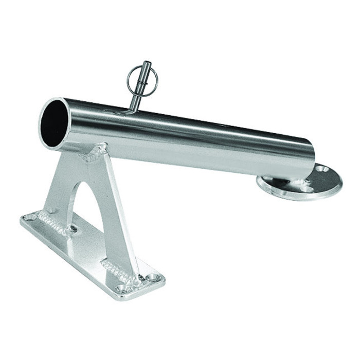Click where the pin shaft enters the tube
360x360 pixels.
(132, 109)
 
